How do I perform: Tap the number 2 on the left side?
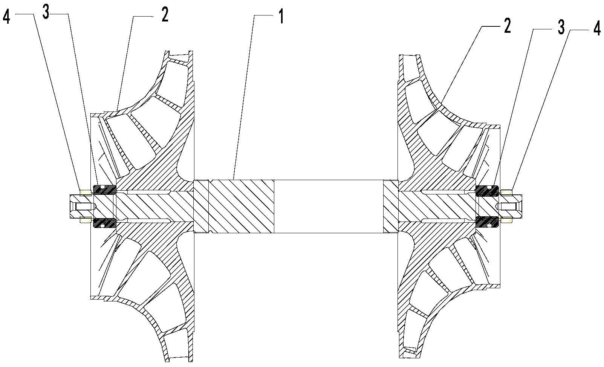click(165, 14)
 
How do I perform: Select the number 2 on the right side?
click(507, 26)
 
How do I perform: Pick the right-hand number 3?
click(561, 27)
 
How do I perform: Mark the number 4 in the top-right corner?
click(597, 29)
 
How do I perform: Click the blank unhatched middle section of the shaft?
click(328, 206)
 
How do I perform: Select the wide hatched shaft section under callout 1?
click(241, 206)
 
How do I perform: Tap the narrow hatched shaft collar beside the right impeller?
click(390, 206)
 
